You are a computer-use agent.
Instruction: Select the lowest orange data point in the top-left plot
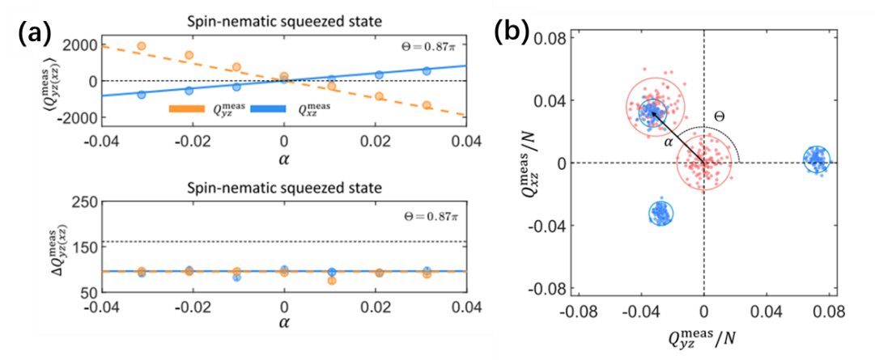pyautogui.click(x=427, y=105)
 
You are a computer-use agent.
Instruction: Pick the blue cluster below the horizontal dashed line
pyautogui.click(x=662, y=213)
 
